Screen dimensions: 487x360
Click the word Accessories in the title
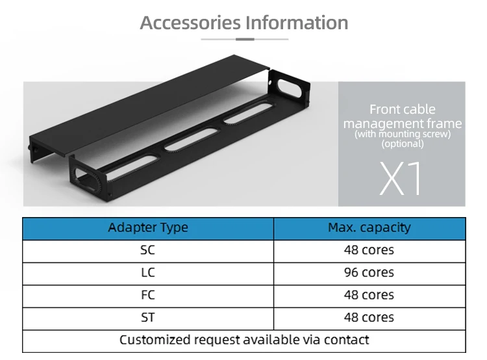click(190, 23)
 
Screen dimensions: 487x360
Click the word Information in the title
click(296, 23)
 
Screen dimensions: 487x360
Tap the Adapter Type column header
click(148, 228)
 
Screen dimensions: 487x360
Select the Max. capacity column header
click(369, 228)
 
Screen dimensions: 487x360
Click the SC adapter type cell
click(148, 250)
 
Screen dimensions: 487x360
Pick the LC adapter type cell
click(148, 273)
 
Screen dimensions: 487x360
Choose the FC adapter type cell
click(148, 295)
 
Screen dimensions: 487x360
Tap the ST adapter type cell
click(148, 318)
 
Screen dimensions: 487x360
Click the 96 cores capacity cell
click(369, 273)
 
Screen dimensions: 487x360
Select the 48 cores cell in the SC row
click(369, 250)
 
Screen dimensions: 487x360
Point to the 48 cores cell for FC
click(369, 295)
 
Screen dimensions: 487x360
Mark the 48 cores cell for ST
click(369, 318)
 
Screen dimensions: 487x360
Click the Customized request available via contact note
click(244, 340)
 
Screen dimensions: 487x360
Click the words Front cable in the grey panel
click(403, 109)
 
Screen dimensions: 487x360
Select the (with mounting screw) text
click(403, 135)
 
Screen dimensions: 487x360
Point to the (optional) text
click(403, 144)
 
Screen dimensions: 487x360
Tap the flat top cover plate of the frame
click(149, 104)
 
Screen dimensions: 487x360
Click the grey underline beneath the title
click(244, 40)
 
